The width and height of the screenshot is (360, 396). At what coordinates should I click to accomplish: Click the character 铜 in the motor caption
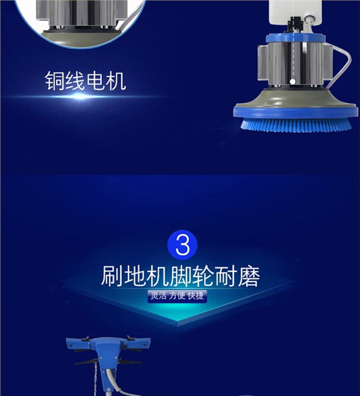pos(57,81)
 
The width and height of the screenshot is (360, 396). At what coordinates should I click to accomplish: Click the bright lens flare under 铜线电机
pos(80,98)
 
